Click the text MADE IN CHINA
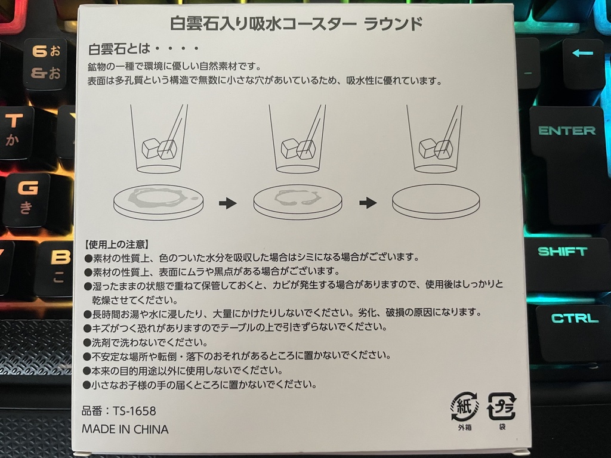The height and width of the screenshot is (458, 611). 125,429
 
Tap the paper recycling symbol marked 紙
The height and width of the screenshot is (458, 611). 464,407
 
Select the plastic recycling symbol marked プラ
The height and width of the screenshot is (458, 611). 501,407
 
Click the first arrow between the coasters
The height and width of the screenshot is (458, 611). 227,203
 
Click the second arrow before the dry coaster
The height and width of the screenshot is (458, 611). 368,203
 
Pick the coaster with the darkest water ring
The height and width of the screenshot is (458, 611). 158,200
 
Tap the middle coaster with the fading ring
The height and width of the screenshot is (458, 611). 298,200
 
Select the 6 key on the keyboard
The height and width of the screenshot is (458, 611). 45,63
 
